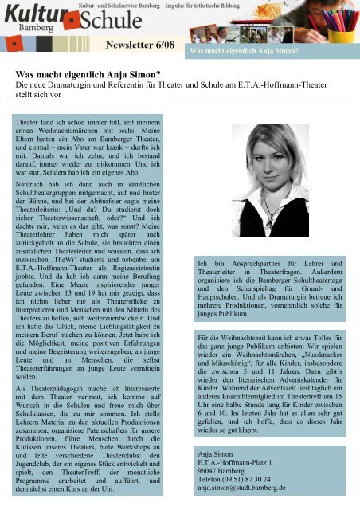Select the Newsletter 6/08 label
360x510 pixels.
[x=142, y=48]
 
